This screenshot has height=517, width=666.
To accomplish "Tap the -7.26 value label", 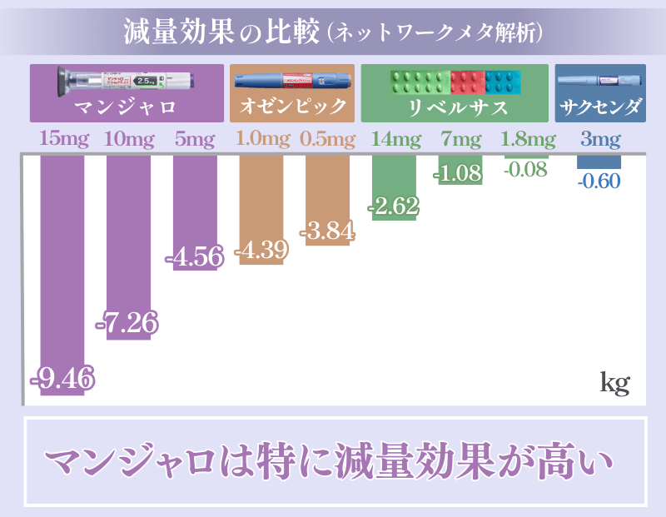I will (x=128, y=322).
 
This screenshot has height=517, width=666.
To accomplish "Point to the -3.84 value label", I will (x=327, y=231).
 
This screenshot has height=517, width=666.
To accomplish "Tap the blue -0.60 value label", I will (x=599, y=180).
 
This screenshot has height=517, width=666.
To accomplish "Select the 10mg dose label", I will (x=128, y=139).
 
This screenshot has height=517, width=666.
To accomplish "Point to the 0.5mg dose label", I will (x=327, y=139).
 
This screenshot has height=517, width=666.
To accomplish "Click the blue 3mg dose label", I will (x=599, y=139).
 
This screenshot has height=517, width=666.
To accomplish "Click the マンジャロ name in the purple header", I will (x=127, y=107).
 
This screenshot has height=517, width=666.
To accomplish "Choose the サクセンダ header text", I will (x=600, y=107).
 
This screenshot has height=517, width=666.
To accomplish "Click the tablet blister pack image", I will (x=455, y=82).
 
